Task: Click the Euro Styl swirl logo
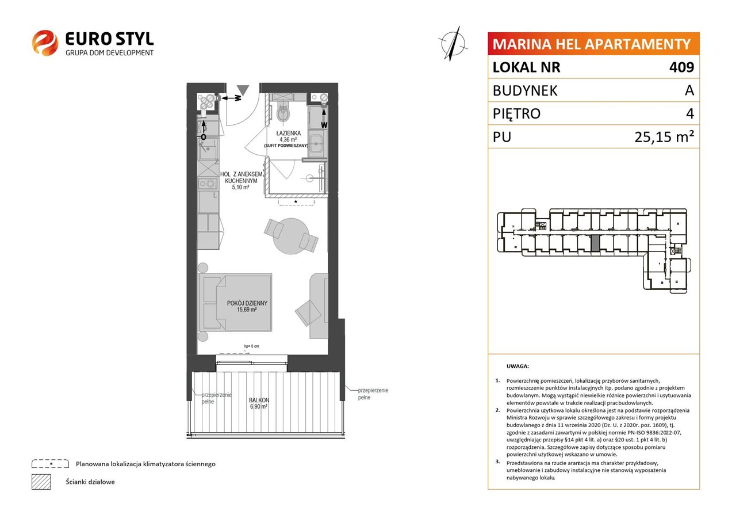click(45, 43)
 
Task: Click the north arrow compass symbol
click(453, 44)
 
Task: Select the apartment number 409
click(681, 67)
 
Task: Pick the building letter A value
click(689, 90)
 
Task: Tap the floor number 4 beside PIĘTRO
click(690, 113)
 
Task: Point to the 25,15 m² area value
click(664, 137)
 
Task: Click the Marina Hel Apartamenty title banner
click(593, 44)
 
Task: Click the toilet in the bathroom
click(283, 111)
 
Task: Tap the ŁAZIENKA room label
click(288, 133)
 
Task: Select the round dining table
click(291, 236)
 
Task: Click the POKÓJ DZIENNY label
click(247, 303)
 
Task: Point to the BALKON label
click(259, 400)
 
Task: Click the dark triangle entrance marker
click(243, 90)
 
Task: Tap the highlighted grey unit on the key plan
click(595, 244)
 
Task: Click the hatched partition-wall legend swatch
click(41, 482)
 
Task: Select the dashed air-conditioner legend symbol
click(50, 464)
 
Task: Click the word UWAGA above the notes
click(518, 366)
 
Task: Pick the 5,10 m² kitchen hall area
click(240, 187)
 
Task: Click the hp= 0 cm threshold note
click(251, 346)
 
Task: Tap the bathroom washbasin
click(316, 143)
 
